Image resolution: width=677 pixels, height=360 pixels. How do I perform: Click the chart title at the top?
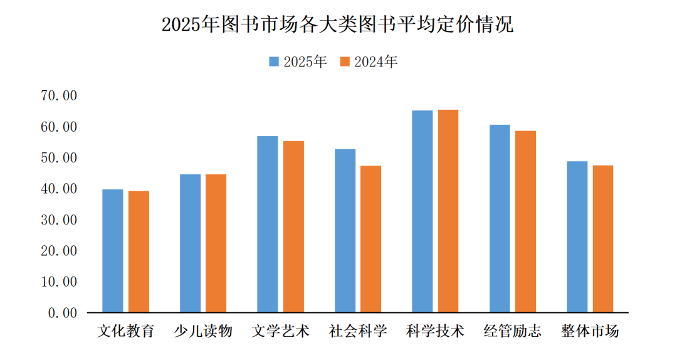(337, 24)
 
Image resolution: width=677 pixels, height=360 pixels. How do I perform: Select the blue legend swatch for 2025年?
(275, 61)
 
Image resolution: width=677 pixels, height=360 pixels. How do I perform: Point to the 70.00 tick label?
(58, 96)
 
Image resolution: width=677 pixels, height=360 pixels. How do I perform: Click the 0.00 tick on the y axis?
(62, 312)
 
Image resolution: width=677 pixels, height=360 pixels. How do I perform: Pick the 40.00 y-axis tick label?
(58, 189)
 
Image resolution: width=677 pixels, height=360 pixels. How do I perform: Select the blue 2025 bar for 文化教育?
(113, 251)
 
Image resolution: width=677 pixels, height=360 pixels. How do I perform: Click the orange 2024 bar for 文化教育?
(139, 251)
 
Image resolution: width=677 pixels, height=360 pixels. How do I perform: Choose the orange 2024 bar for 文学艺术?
(293, 226)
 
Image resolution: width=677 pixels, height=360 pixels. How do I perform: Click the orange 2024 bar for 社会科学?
(370, 239)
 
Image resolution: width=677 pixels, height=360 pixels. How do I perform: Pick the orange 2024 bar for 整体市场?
(603, 239)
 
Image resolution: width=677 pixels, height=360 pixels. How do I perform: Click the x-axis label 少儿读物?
(203, 331)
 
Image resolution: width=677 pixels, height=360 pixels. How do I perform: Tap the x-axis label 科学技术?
(435, 331)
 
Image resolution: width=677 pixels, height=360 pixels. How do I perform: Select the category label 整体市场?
(590, 331)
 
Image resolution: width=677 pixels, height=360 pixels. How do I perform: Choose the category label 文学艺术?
(280, 331)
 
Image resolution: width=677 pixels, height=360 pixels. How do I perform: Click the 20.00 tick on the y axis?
(58, 251)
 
